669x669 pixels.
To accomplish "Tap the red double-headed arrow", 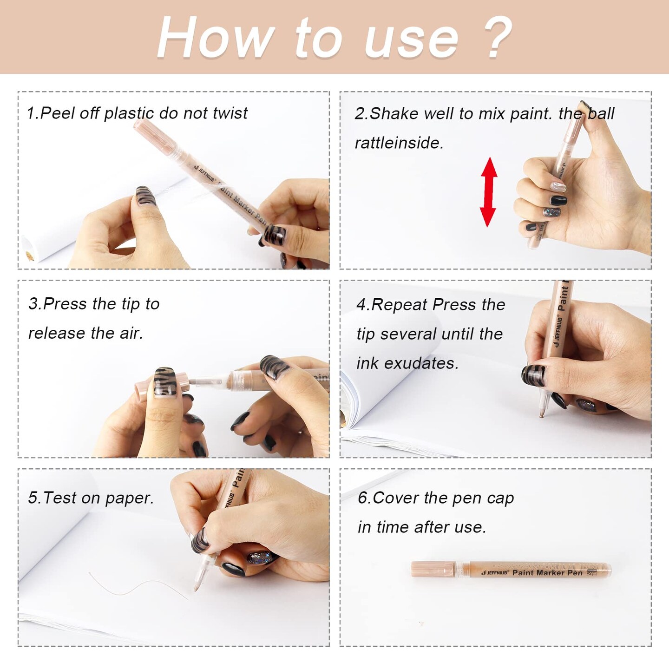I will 488,192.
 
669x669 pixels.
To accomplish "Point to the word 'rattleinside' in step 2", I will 399,143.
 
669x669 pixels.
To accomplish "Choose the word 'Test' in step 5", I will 60,498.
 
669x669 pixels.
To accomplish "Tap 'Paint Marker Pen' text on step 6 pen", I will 547,573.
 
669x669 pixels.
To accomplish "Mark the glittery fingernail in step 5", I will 260,558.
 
